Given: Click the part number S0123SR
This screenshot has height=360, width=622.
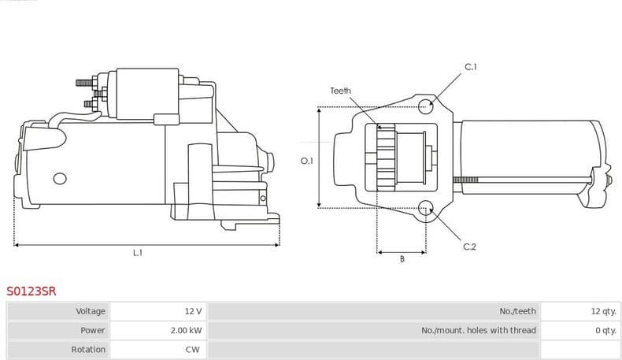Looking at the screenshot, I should click(31, 291).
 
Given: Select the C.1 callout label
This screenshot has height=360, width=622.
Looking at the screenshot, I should click(470, 67).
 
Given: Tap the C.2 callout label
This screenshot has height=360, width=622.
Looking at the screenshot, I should click(469, 247).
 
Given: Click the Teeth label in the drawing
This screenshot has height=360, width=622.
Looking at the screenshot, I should click(340, 91).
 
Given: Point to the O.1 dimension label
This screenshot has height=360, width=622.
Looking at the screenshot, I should click(307, 161).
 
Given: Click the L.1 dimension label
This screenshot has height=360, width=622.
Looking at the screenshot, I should click(137, 253).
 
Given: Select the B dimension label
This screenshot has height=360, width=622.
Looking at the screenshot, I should click(402, 259).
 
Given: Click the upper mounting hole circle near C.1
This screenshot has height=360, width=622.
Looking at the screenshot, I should click(426, 105).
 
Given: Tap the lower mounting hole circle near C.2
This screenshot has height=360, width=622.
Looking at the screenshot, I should click(426, 208).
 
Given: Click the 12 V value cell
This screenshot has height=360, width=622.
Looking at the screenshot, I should click(193, 311).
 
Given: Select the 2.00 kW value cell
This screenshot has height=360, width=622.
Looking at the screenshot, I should click(186, 330).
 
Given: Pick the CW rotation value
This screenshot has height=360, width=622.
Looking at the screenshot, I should click(192, 349).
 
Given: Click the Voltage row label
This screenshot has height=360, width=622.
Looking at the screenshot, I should click(91, 311).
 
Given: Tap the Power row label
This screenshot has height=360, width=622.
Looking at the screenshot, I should click(93, 330).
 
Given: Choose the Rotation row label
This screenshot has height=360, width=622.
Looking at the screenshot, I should click(88, 349).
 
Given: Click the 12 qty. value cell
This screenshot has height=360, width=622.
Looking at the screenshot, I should click(602, 311).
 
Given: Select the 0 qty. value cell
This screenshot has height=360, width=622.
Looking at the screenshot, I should click(605, 330).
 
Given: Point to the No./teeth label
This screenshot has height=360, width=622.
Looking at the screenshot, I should click(517, 311).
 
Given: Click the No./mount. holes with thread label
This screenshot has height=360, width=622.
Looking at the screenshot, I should click(478, 330).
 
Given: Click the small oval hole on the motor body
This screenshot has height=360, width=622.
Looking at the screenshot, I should click(58, 178).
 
